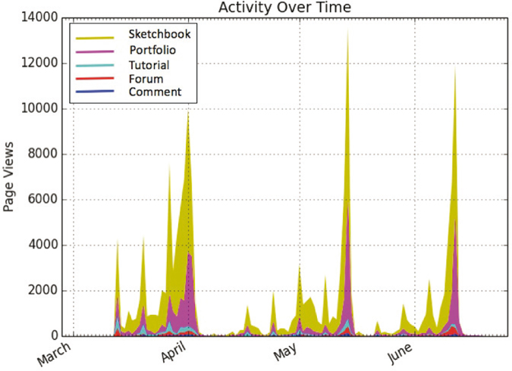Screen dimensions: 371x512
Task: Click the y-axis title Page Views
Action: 10,177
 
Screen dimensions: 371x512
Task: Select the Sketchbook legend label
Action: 159,34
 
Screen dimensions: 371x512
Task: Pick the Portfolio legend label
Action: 153,50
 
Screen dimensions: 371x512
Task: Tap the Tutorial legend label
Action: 149,66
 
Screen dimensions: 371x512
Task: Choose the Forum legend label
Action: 146,79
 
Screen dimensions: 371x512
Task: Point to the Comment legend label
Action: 155,92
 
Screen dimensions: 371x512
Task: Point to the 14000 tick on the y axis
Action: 44,18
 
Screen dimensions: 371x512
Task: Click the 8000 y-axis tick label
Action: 47,154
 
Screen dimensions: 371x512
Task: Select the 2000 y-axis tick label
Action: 47,291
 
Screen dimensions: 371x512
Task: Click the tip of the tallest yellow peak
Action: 347,30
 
